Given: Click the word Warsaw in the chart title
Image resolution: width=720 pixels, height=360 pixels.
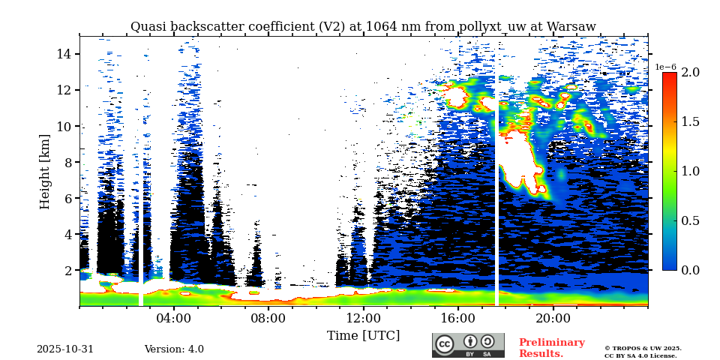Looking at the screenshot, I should point(571,27).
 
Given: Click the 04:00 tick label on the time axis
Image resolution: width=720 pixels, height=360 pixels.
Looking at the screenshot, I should point(174,317).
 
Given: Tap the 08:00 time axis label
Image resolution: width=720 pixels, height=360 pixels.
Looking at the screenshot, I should point(268,317).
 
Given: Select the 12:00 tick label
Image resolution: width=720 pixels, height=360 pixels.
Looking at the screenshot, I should point(363,317).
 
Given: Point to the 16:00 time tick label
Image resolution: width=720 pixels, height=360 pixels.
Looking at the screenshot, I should point(458,317).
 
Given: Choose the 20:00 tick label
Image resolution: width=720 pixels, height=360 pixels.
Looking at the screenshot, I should point(553,317).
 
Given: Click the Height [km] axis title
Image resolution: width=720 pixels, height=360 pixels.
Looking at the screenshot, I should point(45,171).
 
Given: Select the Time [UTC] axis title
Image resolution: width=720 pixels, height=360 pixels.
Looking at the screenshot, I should point(363,335).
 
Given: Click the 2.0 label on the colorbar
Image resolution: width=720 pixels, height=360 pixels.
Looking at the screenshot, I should point(690,72).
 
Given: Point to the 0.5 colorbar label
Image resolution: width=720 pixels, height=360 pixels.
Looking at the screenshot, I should point(690,220).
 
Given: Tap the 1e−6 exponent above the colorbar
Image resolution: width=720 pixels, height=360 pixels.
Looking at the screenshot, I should point(666,67).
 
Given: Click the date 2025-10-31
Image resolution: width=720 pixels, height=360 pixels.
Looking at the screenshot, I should point(65,349).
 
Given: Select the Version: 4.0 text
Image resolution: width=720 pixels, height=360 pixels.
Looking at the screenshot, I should point(174,349).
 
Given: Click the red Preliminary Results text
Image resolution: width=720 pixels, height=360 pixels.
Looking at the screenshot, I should point(551,348).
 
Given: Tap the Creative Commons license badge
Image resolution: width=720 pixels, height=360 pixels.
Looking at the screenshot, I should point(468,345).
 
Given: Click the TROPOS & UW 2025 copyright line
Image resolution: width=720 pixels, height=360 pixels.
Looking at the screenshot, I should point(643,348).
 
